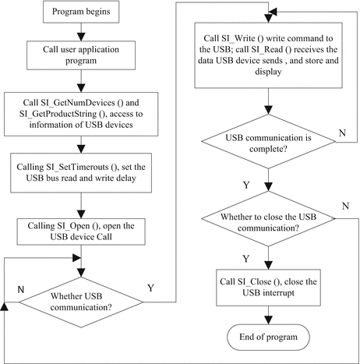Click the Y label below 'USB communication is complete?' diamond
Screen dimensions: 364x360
coord(249,186)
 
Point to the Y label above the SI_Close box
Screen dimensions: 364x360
coord(249,258)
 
